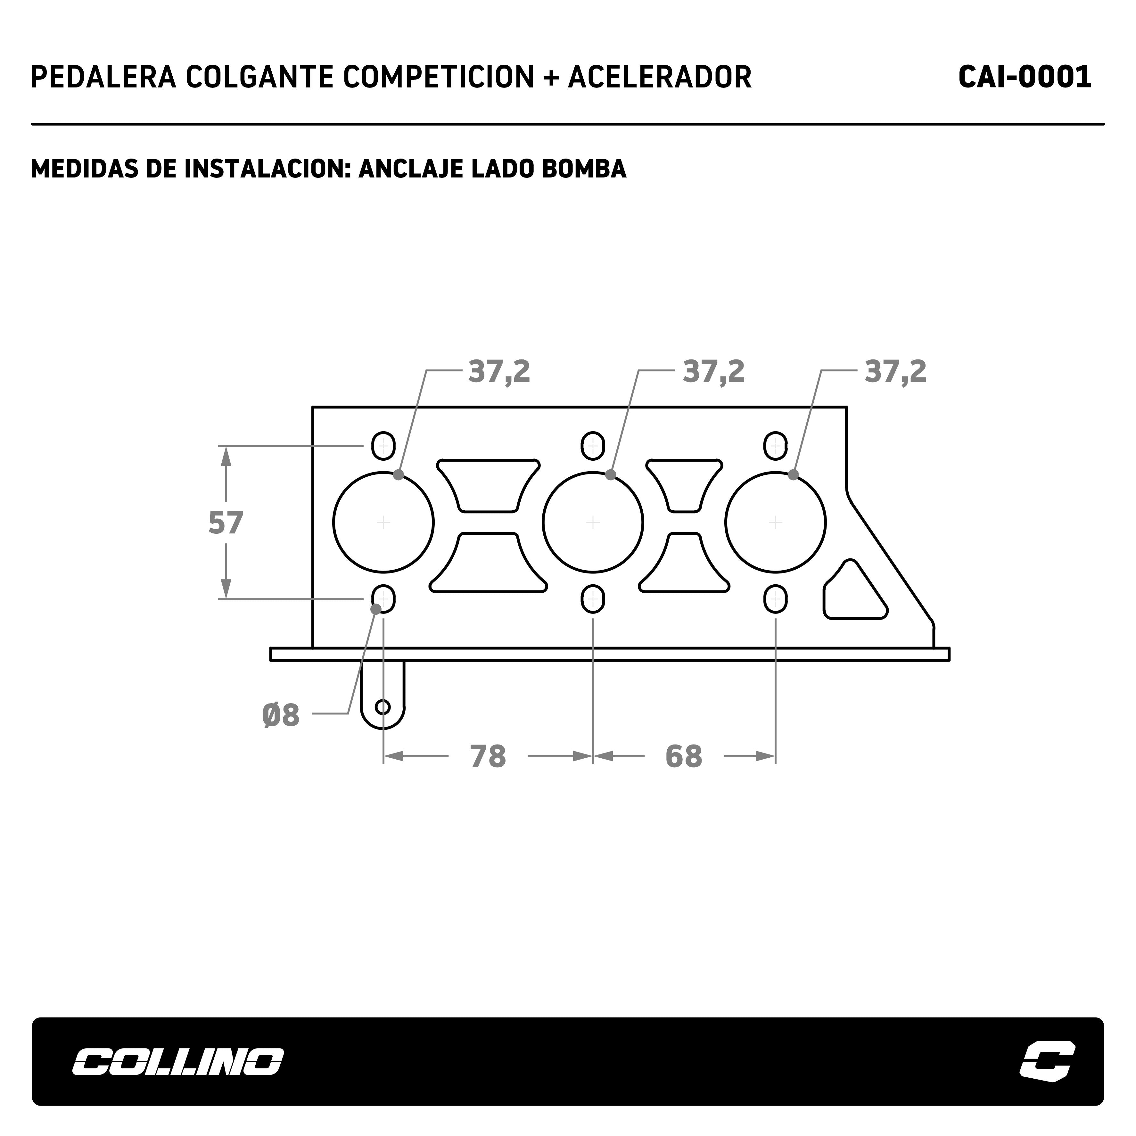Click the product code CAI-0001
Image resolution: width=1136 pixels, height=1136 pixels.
pos(1025,77)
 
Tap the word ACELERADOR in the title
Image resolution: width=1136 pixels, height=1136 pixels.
pos(660,77)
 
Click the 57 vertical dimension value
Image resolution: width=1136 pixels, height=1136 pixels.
pos(226,523)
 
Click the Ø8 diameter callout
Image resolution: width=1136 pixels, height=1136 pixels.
pos(281,716)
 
